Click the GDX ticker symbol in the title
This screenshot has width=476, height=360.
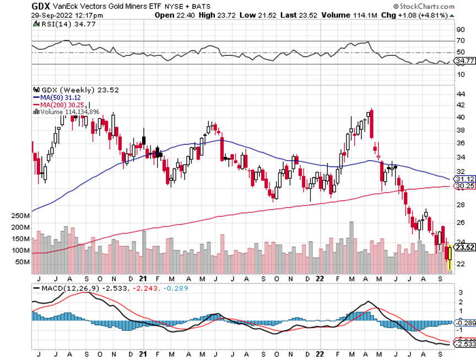40,6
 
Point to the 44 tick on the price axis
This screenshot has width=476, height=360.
461,94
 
